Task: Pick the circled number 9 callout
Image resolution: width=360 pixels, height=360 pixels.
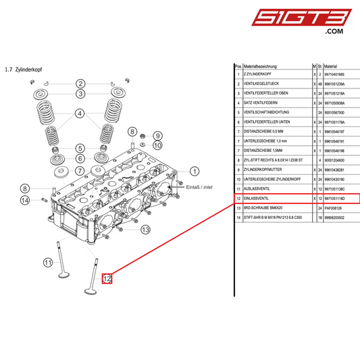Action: [157, 136]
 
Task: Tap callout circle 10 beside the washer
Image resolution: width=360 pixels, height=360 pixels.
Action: [157, 145]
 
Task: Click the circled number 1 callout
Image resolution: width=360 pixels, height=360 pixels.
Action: [194, 172]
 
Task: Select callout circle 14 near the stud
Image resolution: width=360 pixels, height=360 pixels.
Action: [24, 200]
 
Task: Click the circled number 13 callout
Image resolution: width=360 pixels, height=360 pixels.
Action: [145, 230]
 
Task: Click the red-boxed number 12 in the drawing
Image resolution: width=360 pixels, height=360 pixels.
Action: [107, 278]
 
